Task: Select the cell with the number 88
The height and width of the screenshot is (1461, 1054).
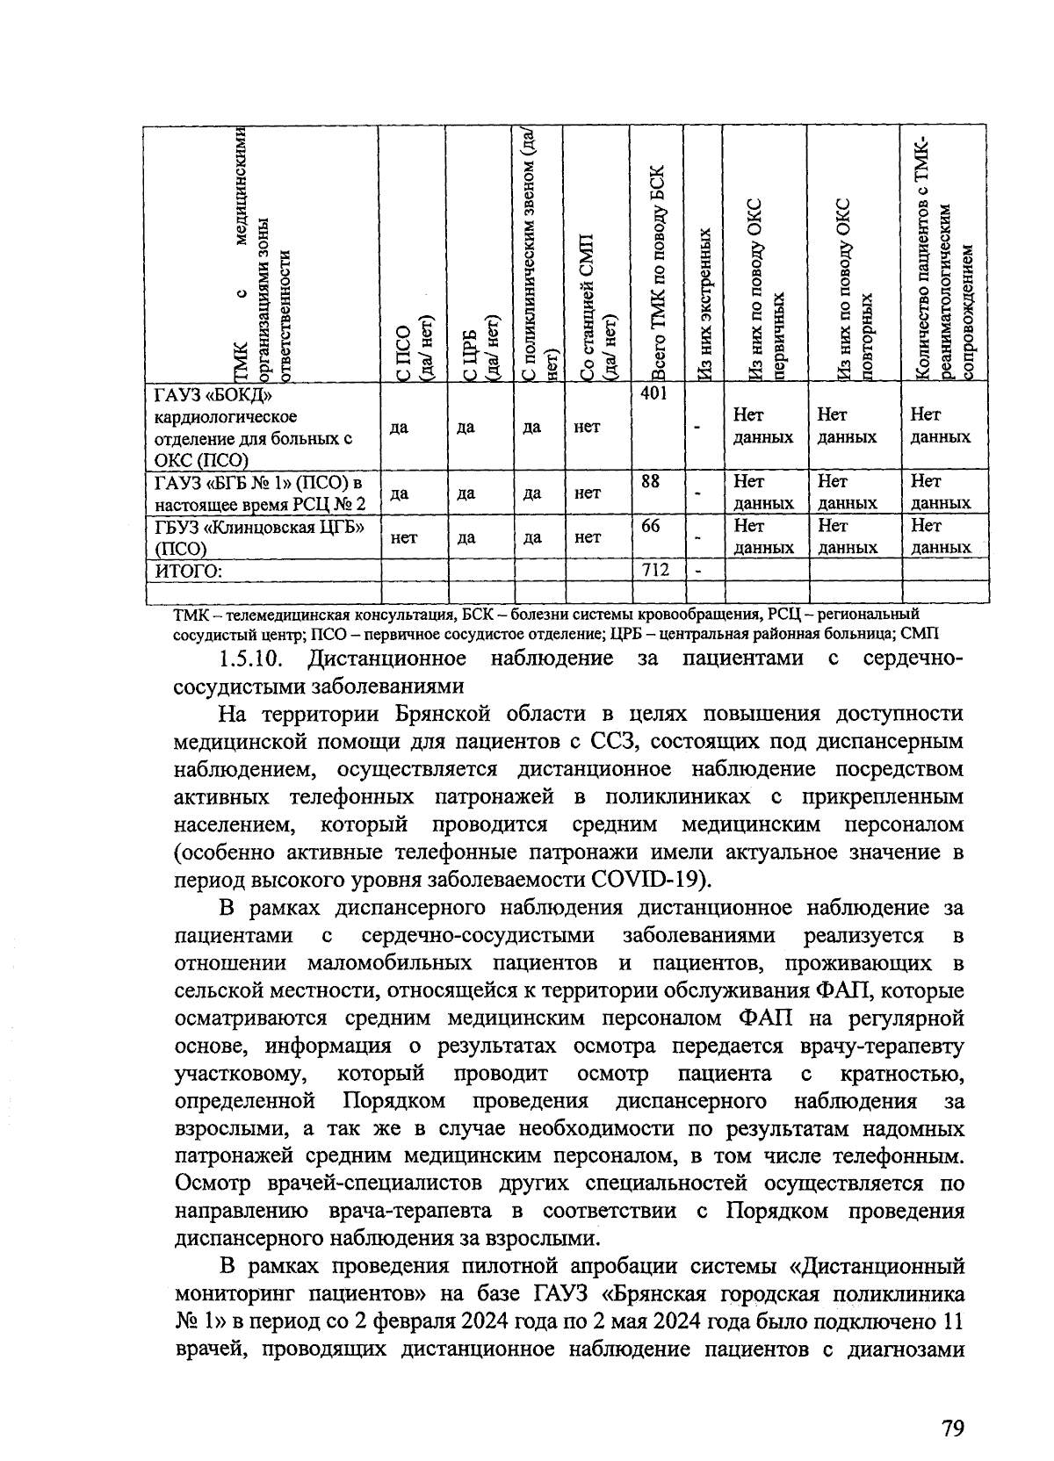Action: (651, 482)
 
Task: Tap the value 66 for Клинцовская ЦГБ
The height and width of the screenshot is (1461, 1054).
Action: (651, 526)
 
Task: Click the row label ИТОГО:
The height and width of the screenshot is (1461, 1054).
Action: (188, 572)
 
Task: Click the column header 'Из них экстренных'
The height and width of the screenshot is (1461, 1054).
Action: (704, 303)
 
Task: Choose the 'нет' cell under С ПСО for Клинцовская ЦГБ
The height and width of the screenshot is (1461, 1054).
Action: (404, 536)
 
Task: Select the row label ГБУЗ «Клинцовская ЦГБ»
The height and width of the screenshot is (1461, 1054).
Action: (260, 527)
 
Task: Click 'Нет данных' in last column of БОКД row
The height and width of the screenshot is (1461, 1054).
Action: (940, 426)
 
